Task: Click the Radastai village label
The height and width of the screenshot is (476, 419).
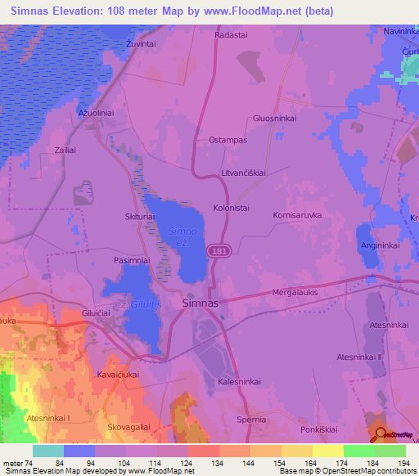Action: coord(231,35)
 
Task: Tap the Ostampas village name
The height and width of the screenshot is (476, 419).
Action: coord(228,140)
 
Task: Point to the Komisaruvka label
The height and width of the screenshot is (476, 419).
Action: coord(297,214)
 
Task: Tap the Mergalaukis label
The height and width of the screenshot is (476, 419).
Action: coord(294,291)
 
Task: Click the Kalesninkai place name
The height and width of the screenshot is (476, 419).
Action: coord(239,382)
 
